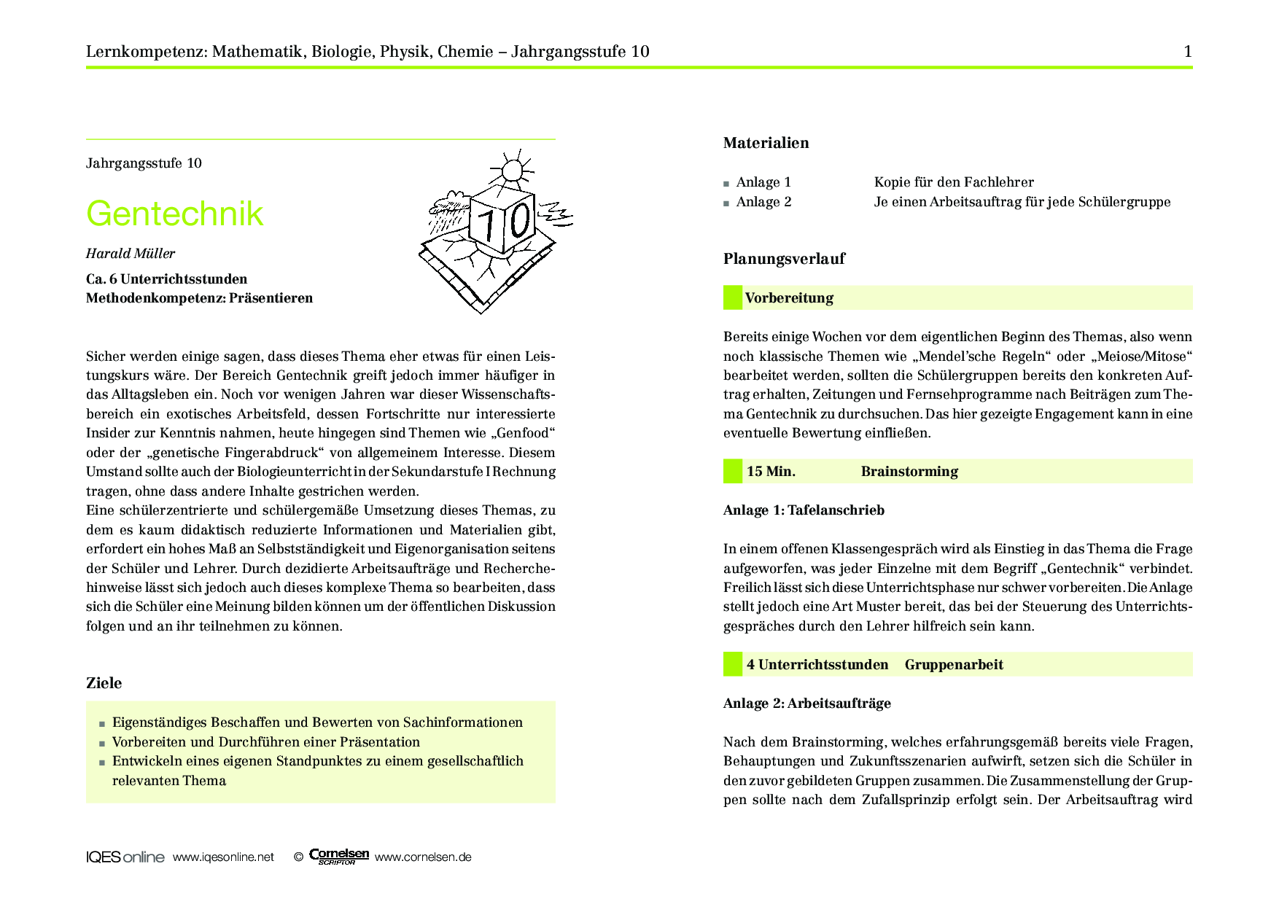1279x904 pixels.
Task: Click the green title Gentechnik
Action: click(x=174, y=214)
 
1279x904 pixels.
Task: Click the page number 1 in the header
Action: click(x=1188, y=51)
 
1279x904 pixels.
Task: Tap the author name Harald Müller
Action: click(x=131, y=254)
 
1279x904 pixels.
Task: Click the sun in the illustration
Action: click(x=512, y=170)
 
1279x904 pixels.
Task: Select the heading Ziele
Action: click(x=104, y=683)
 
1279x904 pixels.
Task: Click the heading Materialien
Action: click(x=766, y=143)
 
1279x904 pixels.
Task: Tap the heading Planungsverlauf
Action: click(x=784, y=259)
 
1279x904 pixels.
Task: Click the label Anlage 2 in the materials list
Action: click(x=763, y=202)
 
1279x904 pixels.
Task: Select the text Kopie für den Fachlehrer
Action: click(x=954, y=182)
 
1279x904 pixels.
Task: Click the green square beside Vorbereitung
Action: click(x=732, y=297)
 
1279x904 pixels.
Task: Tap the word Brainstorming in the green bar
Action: click(x=909, y=472)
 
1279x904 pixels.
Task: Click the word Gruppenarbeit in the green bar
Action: click(x=954, y=665)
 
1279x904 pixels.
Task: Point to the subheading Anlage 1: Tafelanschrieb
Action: click(x=804, y=510)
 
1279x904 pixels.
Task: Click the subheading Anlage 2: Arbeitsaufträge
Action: click(x=806, y=704)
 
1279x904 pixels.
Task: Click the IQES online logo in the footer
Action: click(x=125, y=857)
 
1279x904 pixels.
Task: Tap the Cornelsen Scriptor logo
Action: click(x=339, y=857)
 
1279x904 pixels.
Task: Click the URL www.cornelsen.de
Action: click(x=423, y=857)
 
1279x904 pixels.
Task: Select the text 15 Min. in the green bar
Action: click(x=771, y=472)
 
